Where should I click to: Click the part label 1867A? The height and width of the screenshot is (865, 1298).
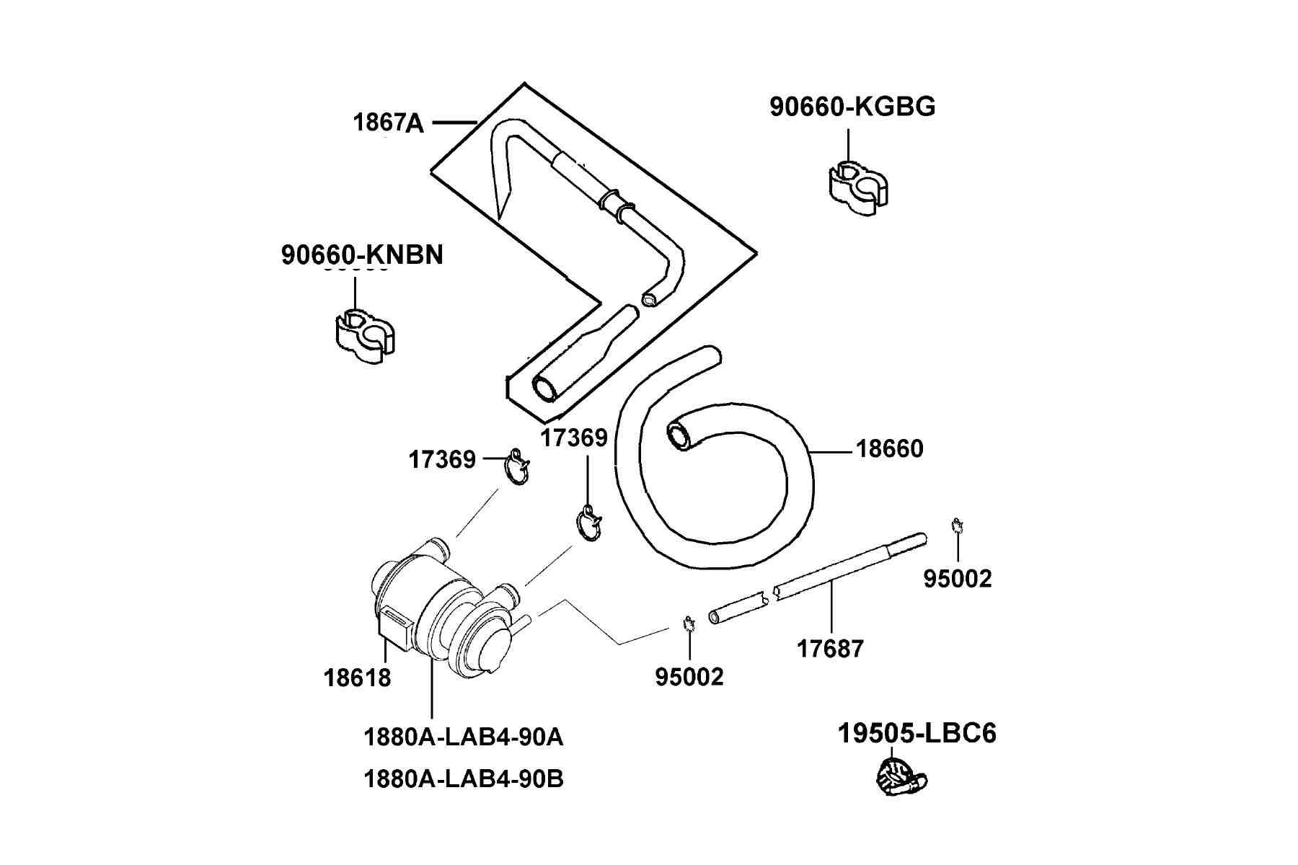coord(388,123)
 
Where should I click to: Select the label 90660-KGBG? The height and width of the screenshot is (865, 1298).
coord(852,107)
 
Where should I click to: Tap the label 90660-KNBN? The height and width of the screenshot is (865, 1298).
coord(362,255)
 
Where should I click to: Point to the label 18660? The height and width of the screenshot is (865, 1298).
coord(889,449)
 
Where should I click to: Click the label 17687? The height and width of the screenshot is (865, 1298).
coord(830,649)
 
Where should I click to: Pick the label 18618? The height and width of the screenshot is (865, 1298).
coord(358,678)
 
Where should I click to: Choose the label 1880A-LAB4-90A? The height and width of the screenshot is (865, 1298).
coord(464,737)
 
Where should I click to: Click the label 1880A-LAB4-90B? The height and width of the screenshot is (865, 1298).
coord(464,779)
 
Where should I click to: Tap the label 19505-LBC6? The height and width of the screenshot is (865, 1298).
coord(917,734)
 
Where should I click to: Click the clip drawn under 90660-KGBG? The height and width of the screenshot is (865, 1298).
coord(857,189)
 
